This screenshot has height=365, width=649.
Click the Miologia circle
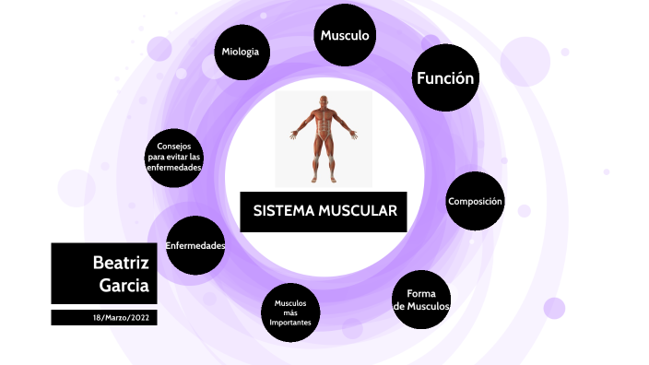[x=242, y=53]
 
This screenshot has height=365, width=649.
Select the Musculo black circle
[x=345, y=35]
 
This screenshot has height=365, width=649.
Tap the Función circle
[x=445, y=77]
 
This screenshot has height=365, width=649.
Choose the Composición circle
[x=475, y=201]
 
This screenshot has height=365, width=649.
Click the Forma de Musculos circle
[x=421, y=300]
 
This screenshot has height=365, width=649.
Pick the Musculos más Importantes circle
[x=290, y=312]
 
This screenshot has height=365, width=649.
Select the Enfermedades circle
[x=195, y=245]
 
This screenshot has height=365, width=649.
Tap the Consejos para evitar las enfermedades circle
[x=174, y=158]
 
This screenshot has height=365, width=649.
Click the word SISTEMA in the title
[x=284, y=211]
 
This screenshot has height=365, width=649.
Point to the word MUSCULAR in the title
[x=358, y=211]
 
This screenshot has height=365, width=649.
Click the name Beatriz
[x=121, y=263]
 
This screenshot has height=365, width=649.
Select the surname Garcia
[x=124, y=286]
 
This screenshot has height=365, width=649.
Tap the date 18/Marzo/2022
[x=121, y=318]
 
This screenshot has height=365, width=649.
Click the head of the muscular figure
[x=324, y=101]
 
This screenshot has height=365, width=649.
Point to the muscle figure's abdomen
[x=324, y=125]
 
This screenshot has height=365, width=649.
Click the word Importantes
[x=290, y=323]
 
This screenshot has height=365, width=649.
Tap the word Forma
[x=421, y=293]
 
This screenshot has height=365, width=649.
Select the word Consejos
[x=174, y=146]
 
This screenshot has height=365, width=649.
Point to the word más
[x=290, y=312]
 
